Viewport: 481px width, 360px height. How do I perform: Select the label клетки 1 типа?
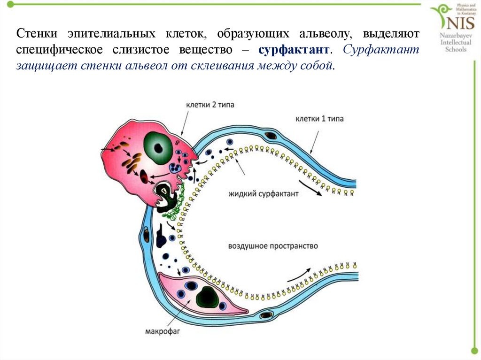(x=319, y=119)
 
